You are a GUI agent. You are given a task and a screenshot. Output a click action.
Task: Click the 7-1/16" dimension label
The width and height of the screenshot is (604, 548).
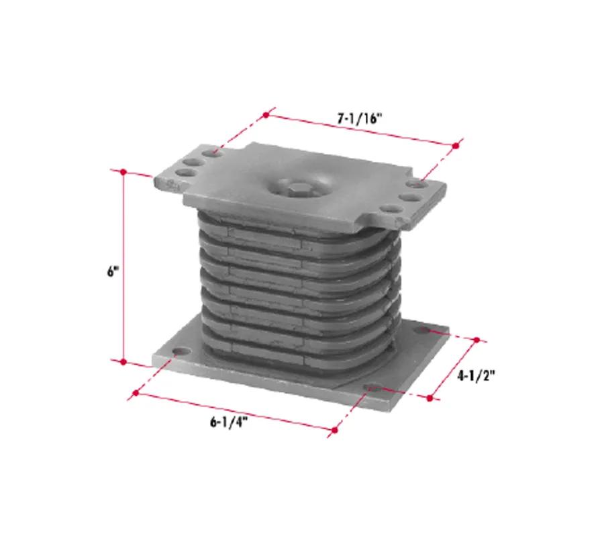click(360, 118)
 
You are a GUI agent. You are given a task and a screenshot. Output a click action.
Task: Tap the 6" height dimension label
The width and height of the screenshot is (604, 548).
click(111, 271)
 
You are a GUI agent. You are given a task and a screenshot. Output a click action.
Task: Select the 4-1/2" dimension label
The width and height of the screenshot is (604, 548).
click(476, 375)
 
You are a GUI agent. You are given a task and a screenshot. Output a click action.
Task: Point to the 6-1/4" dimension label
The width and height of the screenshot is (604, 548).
click(228, 422)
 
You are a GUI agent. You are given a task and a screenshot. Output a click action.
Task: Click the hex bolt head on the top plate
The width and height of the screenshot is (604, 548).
click(297, 189)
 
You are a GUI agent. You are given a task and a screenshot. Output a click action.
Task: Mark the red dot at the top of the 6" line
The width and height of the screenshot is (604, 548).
click(123, 172)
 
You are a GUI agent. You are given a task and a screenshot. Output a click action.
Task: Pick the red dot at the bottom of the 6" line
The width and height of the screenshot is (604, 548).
click(123, 361)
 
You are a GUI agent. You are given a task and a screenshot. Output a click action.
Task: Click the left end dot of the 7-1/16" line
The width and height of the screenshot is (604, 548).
click(266, 115)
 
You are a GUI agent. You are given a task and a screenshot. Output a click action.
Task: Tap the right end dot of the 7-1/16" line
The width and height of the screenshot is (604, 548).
click(456, 146)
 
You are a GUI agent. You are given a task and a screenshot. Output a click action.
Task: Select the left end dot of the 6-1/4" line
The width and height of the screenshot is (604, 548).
click(136, 393)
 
